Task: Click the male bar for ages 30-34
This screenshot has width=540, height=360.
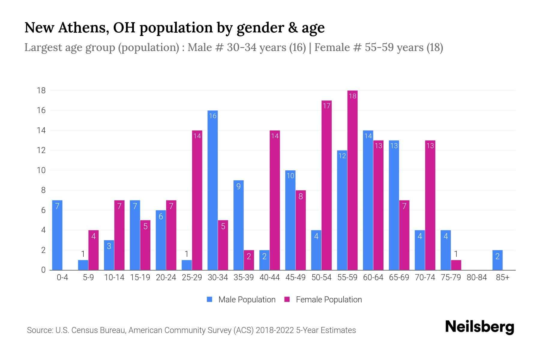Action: [212, 190]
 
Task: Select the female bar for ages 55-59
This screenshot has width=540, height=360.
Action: [352, 180]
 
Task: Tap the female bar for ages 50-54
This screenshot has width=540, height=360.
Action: [326, 185]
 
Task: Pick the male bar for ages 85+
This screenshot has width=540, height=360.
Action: [497, 260]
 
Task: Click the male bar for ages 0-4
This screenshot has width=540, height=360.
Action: [57, 235]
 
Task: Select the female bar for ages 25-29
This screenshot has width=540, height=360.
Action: [197, 200]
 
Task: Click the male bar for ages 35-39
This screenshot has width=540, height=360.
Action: [238, 225]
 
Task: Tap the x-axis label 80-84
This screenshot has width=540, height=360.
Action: [476, 277]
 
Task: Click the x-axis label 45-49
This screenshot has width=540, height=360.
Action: [295, 277]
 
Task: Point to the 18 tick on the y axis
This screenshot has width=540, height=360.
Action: [41, 90]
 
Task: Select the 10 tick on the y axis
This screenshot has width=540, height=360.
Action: [41, 170]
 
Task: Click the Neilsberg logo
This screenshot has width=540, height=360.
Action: [479, 327]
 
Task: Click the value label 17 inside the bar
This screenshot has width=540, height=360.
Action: [326, 106]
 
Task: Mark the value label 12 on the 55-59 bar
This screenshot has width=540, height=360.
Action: [342, 156]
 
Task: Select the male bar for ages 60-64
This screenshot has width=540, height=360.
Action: [368, 200]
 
